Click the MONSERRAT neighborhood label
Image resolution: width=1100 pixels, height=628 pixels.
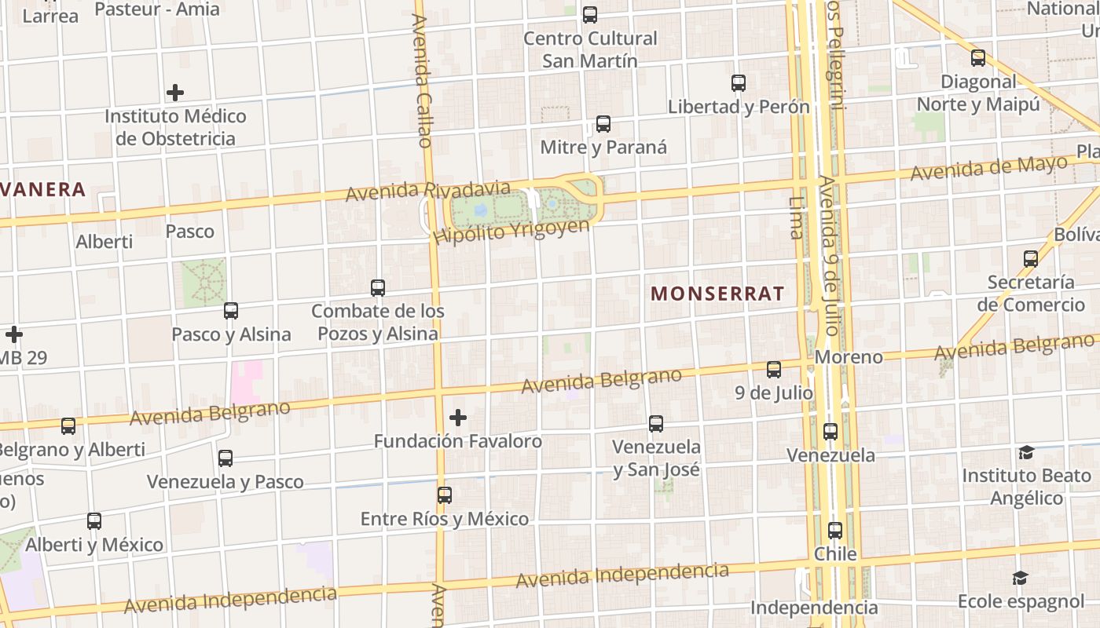[x=717, y=294]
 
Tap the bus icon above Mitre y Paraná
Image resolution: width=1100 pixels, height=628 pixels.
[x=603, y=124]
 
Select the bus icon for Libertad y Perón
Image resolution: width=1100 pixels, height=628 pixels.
[x=738, y=83]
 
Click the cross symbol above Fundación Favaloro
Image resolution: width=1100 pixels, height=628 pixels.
[x=458, y=418]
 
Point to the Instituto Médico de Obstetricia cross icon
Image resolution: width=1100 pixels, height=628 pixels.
[x=175, y=93]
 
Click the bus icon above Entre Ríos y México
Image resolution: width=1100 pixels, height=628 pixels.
[x=445, y=495]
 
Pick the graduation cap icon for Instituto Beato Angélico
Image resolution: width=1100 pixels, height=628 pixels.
[x=1026, y=452]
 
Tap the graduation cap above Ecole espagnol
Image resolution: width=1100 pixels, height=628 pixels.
[x=1020, y=579]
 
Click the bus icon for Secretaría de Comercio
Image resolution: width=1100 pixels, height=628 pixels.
[x=1031, y=258]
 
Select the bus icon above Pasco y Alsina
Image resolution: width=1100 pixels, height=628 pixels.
[x=230, y=311]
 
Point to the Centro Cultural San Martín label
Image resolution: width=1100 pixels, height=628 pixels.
[x=590, y=49]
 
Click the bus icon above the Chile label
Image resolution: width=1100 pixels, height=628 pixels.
[x=835, y=531]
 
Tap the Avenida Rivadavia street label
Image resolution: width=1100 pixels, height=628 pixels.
[x=427, y=190]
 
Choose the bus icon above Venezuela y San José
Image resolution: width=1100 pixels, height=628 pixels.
[x=656, y=424]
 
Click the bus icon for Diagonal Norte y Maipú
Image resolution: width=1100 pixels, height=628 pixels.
[x=977, y=58]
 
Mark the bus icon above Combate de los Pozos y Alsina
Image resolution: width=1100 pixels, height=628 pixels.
[x=378, y=288]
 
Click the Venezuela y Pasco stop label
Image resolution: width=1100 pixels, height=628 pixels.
[x=225, y=481]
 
